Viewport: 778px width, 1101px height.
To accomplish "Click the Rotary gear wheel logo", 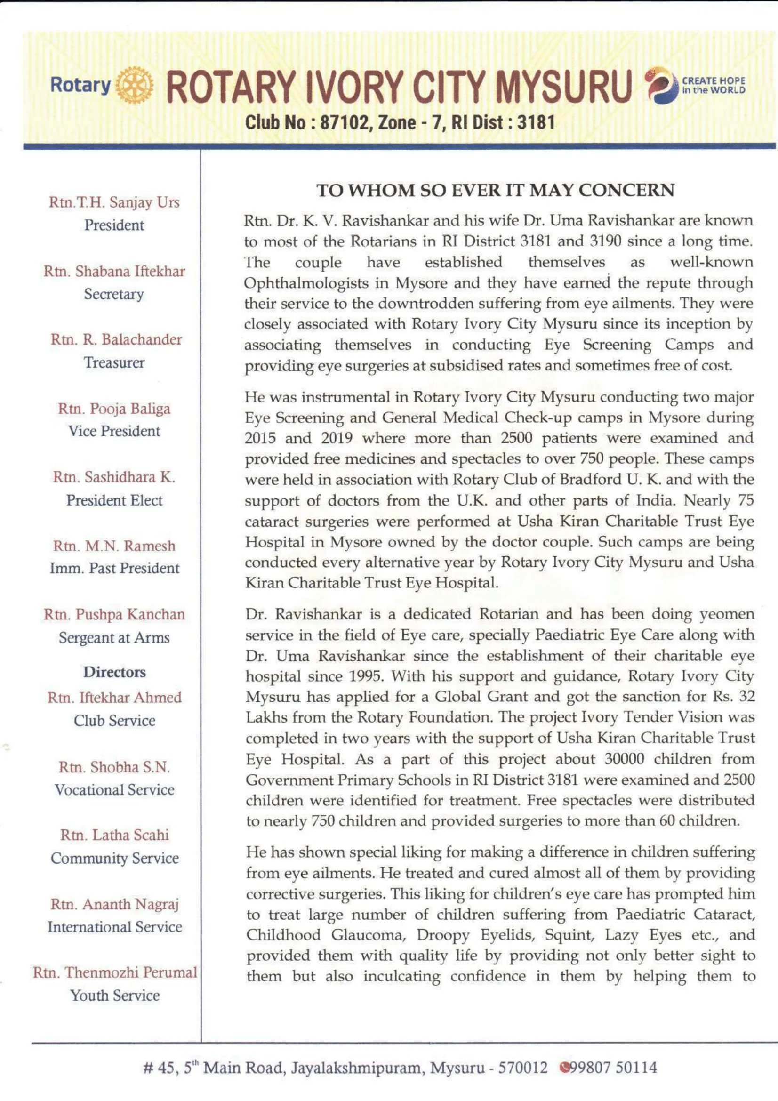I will tap(135, 85).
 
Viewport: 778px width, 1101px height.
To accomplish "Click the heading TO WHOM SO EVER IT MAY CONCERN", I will tap(495, 190).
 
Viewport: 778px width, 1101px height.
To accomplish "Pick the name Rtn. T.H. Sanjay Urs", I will tap(114, 202).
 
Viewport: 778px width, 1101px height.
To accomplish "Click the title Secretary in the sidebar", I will tap(114, 294).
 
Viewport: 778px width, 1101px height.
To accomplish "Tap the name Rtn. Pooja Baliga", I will tap(114, 409).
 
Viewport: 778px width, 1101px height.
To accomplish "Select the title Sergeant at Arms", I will tap(114, 638).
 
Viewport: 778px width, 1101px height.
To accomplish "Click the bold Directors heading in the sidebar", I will tap(114, 672).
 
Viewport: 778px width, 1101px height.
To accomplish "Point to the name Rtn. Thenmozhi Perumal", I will tap(115, 972).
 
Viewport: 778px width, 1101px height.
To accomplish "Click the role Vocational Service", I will tap(114, 790).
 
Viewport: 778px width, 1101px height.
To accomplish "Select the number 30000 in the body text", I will tap(625, 759).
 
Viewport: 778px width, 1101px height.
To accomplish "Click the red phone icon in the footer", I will tap(566, 1068).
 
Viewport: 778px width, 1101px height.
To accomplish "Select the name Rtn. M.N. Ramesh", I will tap(114, 546).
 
